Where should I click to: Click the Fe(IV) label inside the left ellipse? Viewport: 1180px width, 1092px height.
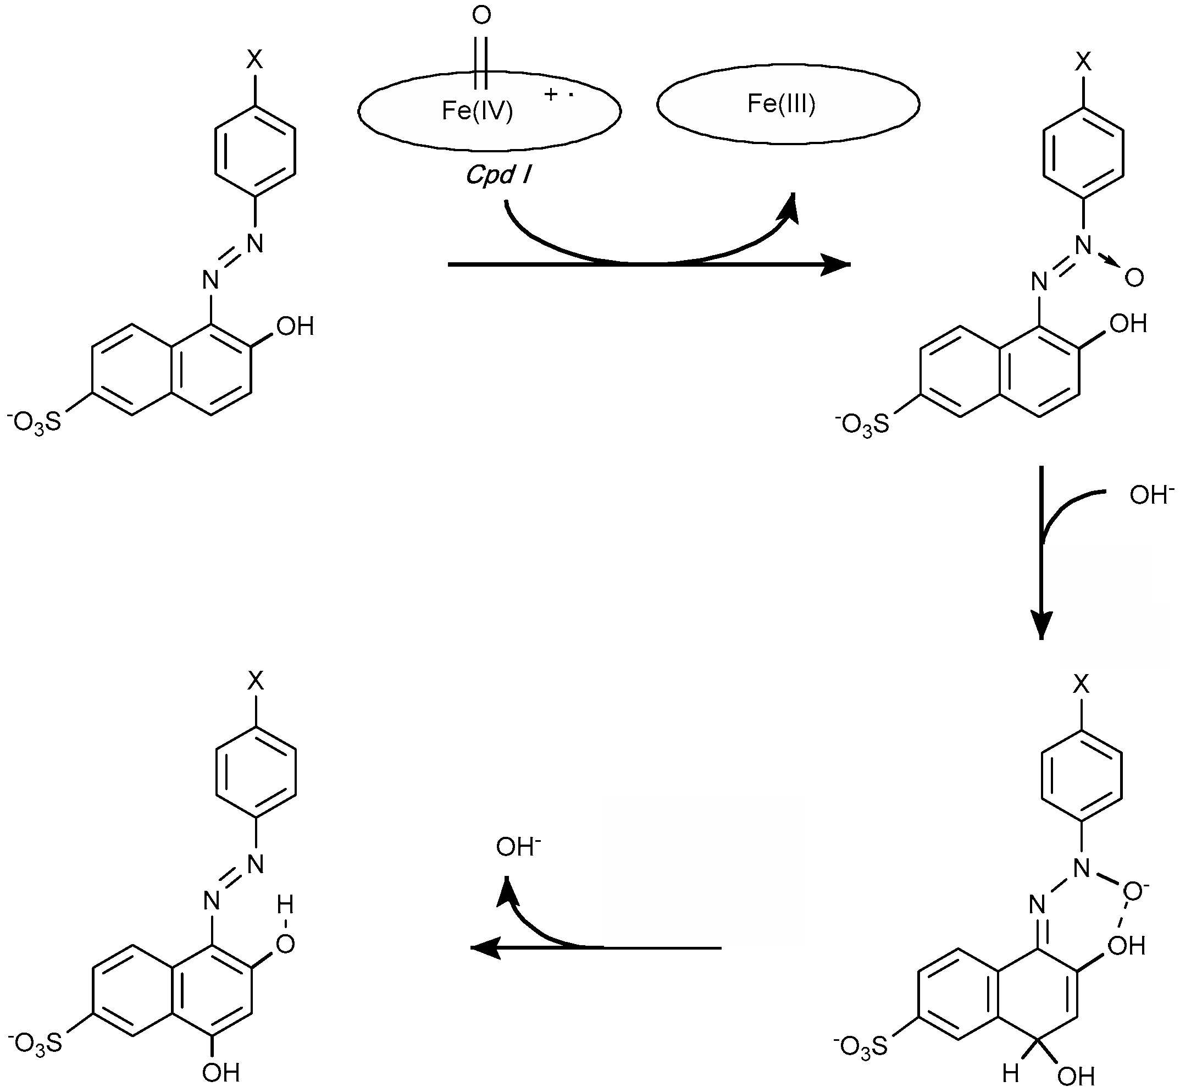[477, 111]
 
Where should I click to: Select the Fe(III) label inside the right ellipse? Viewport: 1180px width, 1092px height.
[781, 104]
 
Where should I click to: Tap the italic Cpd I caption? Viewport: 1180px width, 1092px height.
[498, 175]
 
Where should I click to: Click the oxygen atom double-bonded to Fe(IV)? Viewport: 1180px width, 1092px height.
[481, 16]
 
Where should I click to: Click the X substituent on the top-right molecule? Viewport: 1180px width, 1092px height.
[1083, 62]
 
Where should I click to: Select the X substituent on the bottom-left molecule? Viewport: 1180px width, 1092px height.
[255, 682]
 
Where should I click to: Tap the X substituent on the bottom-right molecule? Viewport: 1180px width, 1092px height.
[1081, 684]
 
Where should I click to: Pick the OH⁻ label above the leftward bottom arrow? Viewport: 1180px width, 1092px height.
[518, 847]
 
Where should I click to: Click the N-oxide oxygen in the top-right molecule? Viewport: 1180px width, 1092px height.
[1134, 278]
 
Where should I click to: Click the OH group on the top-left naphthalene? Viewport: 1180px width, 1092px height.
[295, 327]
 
